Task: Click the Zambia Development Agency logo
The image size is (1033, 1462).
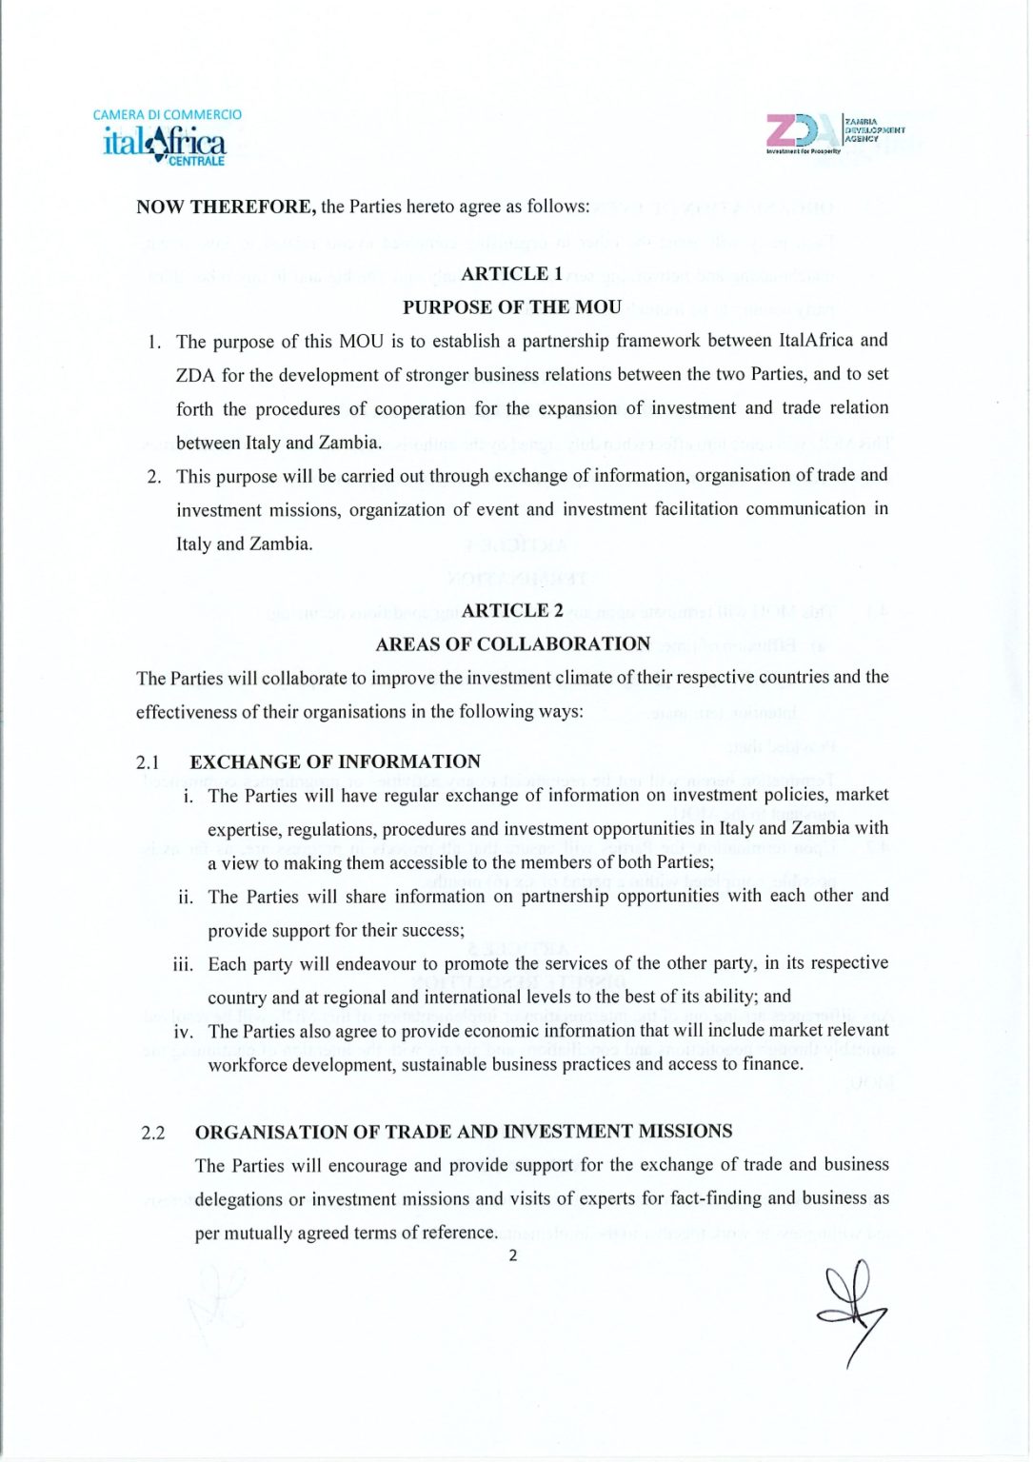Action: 834,133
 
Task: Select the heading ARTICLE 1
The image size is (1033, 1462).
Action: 512,274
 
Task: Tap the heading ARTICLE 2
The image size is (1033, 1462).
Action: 512,611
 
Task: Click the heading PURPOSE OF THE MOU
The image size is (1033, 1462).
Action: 511,307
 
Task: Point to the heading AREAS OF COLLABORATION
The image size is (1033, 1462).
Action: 512,644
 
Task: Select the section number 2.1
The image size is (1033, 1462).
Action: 148,762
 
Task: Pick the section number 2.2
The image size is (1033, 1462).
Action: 152,1133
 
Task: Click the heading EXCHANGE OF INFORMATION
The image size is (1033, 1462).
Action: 335,761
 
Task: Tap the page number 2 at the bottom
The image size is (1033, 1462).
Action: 513,1255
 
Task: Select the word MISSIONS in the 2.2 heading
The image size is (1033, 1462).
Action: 685,1132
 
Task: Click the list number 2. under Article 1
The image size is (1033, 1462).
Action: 154,477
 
